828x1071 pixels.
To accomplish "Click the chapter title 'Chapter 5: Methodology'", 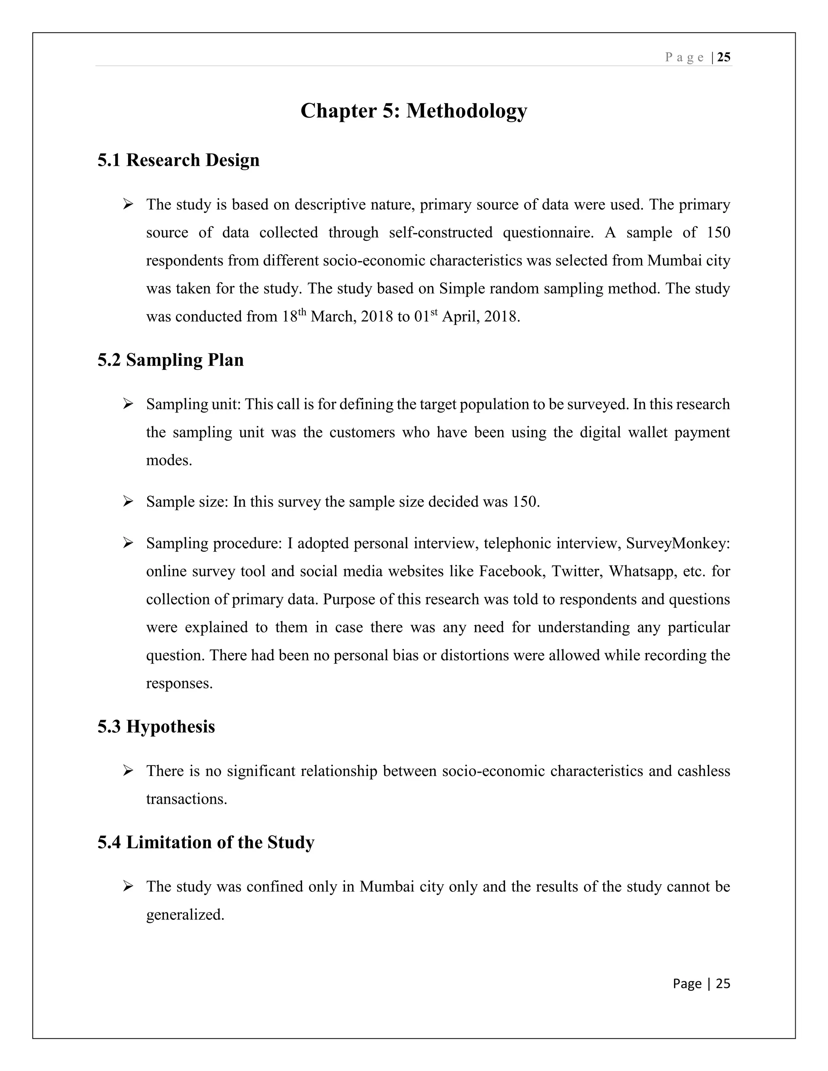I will [414, 111].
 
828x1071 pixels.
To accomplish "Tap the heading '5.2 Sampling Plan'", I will [170, 360].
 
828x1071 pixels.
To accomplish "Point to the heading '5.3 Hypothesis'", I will [156, 726].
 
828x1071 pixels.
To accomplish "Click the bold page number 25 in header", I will [724, 57].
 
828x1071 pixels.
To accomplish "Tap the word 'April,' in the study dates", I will [460, 317].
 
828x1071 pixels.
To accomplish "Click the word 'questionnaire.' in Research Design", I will [548, 232].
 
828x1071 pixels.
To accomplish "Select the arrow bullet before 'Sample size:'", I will [128, 502].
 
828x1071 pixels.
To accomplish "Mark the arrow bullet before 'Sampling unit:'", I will [128, 404].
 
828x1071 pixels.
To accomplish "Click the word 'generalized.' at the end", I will [185, 915].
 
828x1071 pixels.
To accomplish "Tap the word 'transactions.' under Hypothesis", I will [186, 799].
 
